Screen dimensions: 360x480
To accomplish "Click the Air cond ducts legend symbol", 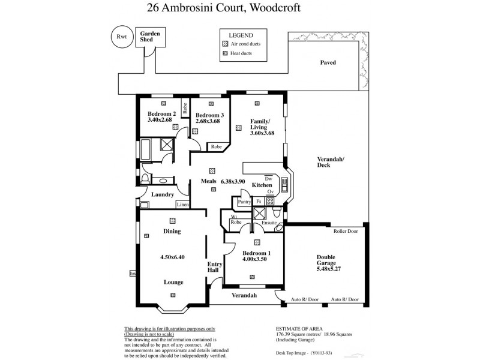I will (x=225, y=44).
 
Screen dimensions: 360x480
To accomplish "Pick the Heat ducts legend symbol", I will (x=225, y=53).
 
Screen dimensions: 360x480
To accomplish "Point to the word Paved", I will (x=328, y=62).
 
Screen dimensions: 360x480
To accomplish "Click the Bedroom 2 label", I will (x=161, y=113).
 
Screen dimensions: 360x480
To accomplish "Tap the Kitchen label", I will (x=262, y=185).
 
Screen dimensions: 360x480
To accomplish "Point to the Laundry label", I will (x=162, y=194).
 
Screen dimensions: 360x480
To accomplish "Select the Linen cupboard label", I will (x=183, y=205).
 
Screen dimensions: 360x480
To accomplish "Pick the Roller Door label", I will (x=346, y=230).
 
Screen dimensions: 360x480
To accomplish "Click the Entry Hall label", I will (x=215, y=267).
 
